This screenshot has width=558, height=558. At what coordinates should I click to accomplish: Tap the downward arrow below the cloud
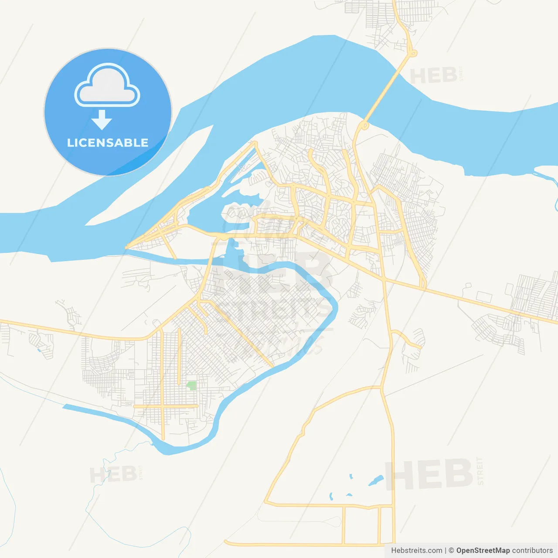pos(102,120)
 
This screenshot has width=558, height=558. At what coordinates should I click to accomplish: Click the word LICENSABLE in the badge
pos(108,143)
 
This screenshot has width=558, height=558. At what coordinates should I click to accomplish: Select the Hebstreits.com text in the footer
pos(416,551)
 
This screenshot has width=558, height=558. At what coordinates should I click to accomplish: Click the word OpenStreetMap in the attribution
pos(483,551)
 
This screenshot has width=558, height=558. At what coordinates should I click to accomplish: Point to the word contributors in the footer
pos(532,551)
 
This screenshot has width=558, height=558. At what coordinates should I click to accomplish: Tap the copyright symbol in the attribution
pos(451,551)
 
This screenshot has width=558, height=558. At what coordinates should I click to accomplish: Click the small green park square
pos(191,385)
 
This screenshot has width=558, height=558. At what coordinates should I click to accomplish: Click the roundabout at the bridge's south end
pos(365,126)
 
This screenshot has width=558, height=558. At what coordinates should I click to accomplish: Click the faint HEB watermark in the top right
pos(434,76)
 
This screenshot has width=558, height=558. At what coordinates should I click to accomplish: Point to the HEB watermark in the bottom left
pos(113,474)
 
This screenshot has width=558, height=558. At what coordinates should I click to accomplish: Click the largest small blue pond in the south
pos(376,480)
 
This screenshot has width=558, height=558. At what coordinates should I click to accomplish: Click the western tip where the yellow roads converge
pos(127,247)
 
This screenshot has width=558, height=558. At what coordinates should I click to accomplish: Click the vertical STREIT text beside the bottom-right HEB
pos(480,471)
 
